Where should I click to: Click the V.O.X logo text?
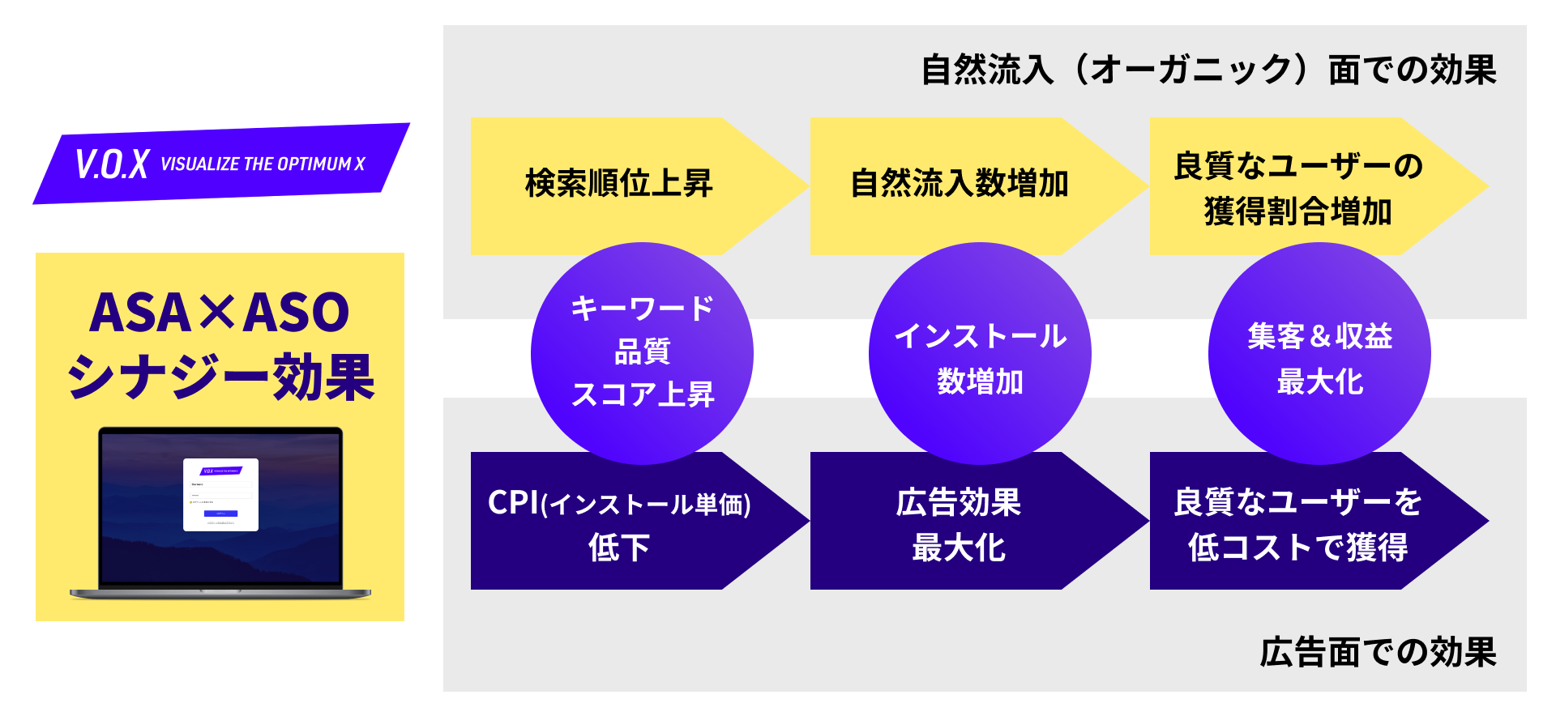[x=112, y=164]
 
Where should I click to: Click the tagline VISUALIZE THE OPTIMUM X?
[x=263, y=164]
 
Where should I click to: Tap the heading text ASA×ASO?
[x=219, y=313]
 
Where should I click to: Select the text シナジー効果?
[x=220, y=377]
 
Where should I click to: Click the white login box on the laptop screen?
[x=220, y=495]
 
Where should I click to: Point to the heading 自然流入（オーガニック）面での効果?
[x=1208, y=70]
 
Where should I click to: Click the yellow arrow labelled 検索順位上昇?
[x=618, y=185]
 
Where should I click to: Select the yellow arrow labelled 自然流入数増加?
[x=959, y=185]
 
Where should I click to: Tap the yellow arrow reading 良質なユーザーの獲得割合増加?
[x=1297, y=188]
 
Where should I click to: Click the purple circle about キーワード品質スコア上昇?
[x=642, y=352]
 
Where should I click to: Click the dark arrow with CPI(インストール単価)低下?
[x=618, y=523]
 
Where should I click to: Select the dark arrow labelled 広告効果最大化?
[x=959, y=523]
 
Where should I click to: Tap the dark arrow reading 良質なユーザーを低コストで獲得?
[x=1297, y=523]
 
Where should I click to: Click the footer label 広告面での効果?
[x=1378, y=653]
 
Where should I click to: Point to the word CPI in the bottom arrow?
[x=513, y=503]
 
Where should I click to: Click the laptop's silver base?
[x=220, y=594]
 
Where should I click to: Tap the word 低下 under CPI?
[x=618, y=548]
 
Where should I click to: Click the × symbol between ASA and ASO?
[x=218, y=313]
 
